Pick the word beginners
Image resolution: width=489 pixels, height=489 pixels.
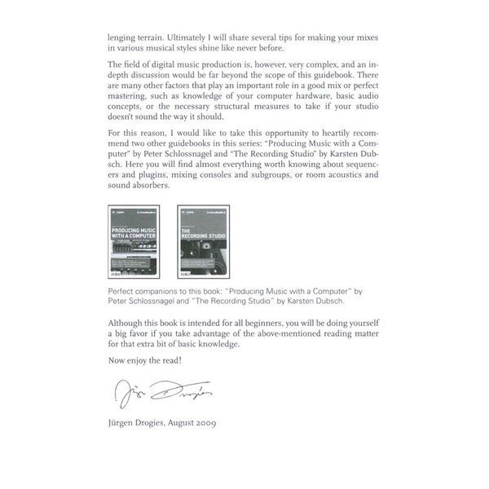point(261,323)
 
